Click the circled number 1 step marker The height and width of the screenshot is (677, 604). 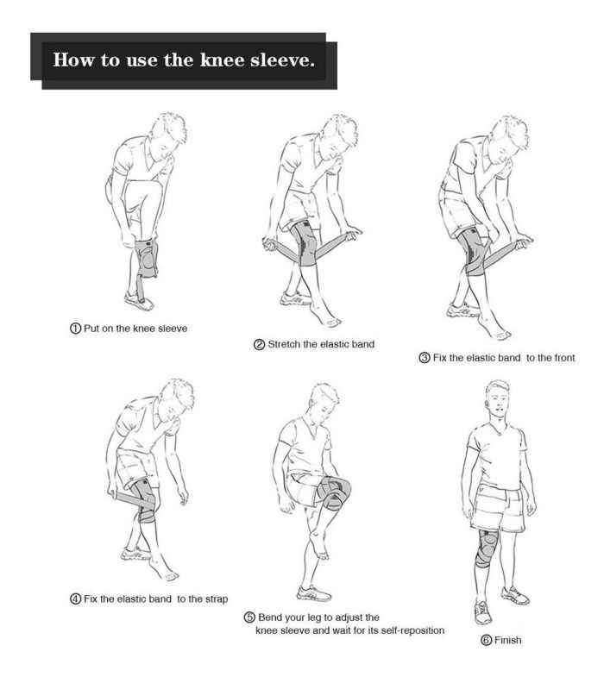pos(75,328)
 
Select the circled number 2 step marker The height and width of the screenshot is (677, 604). pos(259,345)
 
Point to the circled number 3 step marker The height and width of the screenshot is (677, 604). pos(425,358)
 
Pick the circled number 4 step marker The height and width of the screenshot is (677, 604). pos(75,599)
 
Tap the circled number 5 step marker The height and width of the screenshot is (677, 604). pos(249,617)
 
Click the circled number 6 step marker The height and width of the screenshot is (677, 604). pos(486,640)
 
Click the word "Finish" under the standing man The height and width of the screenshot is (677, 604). pos(507,640)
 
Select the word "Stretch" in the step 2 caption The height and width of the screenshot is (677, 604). pos(284,344)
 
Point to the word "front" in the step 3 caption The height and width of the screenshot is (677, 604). pos(562,358)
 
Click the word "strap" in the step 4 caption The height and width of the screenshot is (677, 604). pos(215,599)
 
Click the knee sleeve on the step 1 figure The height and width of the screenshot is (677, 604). pos(147,259)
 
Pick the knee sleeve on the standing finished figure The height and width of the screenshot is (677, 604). pos(487,548)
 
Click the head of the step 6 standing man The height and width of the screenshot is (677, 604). pos(499,398)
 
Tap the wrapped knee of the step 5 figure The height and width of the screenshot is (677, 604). pos(333,492)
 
